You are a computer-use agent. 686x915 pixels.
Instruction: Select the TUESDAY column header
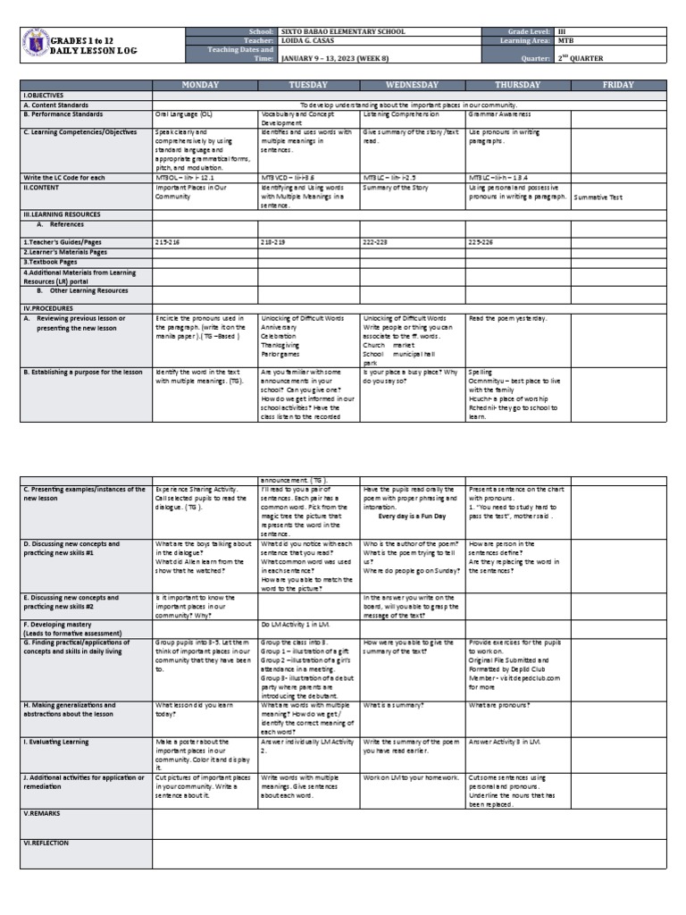[308, 85]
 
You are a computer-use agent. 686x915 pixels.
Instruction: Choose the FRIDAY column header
[618, 85]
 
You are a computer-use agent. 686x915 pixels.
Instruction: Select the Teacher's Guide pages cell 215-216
[167, 242]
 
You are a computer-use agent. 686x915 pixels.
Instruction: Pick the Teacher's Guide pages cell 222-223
[375, 242]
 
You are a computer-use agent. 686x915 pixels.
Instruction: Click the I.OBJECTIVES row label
[45, 95]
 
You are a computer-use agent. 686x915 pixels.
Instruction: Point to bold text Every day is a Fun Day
[412, 516]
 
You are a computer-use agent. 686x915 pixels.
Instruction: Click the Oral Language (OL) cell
[184, 115]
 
